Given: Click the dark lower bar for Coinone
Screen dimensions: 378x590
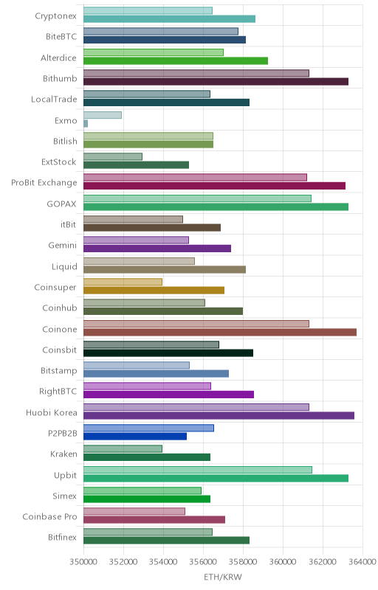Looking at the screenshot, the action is click(x=220, y=333).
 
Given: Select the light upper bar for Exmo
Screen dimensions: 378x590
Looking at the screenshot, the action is click(x=103, y=115).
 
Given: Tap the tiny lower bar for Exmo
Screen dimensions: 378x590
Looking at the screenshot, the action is click(x=86, y=123).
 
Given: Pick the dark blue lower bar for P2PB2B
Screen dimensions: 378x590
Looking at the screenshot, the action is click(x=135, y=437).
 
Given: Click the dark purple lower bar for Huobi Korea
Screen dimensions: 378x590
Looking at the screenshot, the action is click(x=219, y=415).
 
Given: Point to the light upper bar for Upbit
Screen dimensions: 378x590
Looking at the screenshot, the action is click(x=198, y=470).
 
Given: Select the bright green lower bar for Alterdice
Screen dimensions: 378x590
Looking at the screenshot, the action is click(x=176, y=61).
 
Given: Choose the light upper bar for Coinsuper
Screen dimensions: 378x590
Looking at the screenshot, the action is click(x=123, y=282).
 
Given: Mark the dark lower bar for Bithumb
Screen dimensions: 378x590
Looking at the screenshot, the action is click(x=216, y=82).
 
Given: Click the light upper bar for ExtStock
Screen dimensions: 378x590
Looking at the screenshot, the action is click(x=113, y=156).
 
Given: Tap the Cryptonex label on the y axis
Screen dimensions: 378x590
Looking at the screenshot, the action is click(x=55, y=16).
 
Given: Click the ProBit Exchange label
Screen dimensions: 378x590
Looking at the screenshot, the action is click(x=44, y=182).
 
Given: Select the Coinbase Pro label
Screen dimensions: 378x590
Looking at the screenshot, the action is click(x=49, y=517).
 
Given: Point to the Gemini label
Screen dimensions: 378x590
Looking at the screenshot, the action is click(x=63, y=246).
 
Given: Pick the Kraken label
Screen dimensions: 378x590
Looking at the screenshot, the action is click(x=63, y=454).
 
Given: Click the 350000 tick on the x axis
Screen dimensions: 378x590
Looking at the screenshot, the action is click(x=83, y=562).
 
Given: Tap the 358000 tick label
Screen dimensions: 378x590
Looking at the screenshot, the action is click(x=243, y=562).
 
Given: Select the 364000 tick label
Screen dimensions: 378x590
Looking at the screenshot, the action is click(x=362, y=562).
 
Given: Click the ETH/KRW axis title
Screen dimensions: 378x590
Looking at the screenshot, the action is click(x=223, y=577).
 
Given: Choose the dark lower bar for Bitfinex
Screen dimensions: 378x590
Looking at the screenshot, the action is click(x=166, y=541).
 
